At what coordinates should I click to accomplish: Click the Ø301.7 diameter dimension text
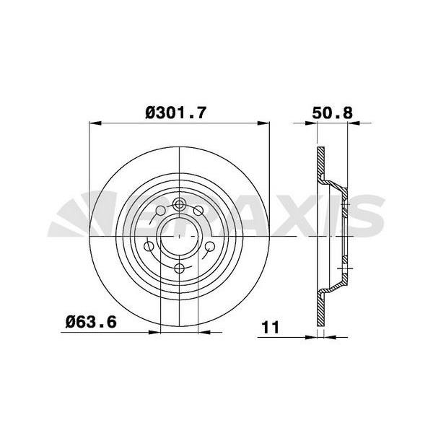(x=175, y=113)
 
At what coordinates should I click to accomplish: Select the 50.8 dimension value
(x=332, y=113)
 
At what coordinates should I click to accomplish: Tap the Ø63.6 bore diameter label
(x=91, y=322)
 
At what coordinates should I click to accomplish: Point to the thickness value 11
(x=271, y=327)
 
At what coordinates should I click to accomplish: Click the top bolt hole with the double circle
(x=179, y=205)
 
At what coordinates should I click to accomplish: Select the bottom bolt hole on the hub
(x=180, y=268)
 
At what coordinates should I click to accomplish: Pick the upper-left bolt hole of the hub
(x=161, y=211)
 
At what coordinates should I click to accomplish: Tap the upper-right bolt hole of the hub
(x=198, y=211)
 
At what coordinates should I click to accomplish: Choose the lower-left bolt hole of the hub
(x=149, y=246)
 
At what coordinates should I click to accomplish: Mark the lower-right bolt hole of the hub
(x=210, y=246)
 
